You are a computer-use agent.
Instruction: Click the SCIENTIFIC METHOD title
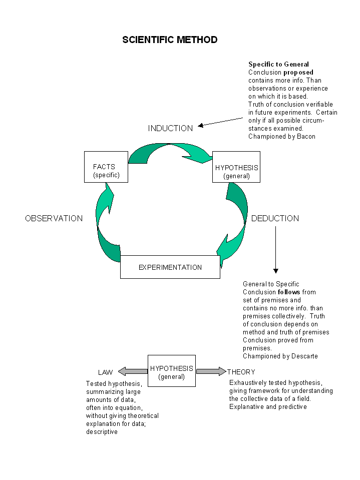pyautogui.click(x=170, y=40)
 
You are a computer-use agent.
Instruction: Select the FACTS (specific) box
pyautogui.click(x=106, y=167)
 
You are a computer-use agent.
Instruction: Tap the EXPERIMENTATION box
pyautogui.click(x=170, y=267)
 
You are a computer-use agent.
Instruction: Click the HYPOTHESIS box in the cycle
pyautogui.click(x=236, y=167)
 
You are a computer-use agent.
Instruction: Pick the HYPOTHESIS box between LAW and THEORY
pyautogui.click(x=172, y=371)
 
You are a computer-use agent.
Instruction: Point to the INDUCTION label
pyautogui.click(x=171, y=128)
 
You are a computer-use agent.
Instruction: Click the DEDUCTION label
pyautogui.click(x=275, y=218)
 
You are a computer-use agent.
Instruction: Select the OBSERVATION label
pyautogui.click(x=54, y=218)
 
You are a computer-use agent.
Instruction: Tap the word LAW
pyautogui.click(x=105, y=372)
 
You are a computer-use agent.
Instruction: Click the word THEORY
pyautogui.click(x=241, y=372)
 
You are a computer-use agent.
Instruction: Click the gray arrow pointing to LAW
pyautogui.click(x=133, y=371)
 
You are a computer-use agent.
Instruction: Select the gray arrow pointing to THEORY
pyautogui.click(x=211, y=371)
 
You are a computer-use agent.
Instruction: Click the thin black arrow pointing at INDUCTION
pyautogui.click(x=220, y=122)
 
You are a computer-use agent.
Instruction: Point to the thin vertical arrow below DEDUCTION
pyautogui.click(x=275, y=249)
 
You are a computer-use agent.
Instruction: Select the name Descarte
pyautogui.click(x=304, y=356)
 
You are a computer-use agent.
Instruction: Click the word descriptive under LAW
pyautogui.click(x=102, y=432)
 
